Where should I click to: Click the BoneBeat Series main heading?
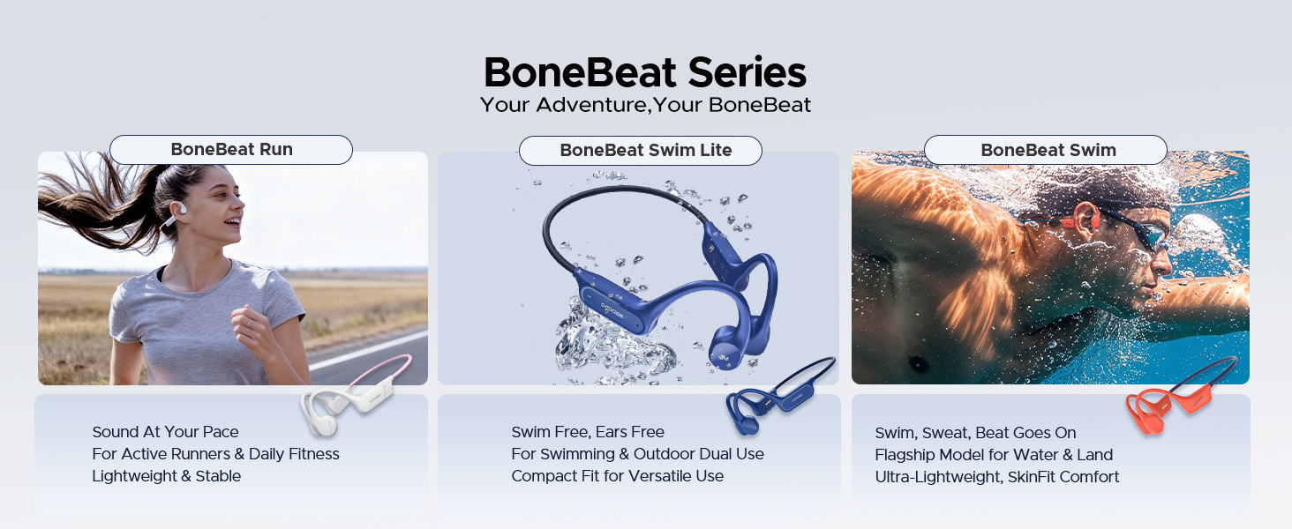(645, 72)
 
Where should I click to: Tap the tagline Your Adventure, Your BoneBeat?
(645, 105)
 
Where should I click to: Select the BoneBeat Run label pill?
(230, 150)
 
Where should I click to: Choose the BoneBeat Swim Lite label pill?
(640, 151)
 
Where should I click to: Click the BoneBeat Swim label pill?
(1046, 150)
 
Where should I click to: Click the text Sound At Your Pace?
(165, 432)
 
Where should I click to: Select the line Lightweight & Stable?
(166, 476)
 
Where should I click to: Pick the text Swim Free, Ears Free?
(587, 432)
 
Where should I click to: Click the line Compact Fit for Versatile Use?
(617, 476)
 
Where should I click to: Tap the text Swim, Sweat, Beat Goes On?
(975, 433)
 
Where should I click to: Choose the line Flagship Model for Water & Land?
(994, 455)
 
